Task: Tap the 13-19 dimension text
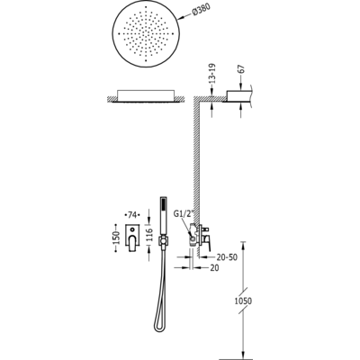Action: click(x=212, y=74)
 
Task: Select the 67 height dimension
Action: click(x=242, y=69)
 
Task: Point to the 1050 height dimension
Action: click(x=243, y=301)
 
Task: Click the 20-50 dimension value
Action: click(x=227, y=257)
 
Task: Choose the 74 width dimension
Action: click(x=132, y=215)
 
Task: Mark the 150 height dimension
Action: click(x=117, y=238)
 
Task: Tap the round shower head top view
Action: click(x=146, y=34)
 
